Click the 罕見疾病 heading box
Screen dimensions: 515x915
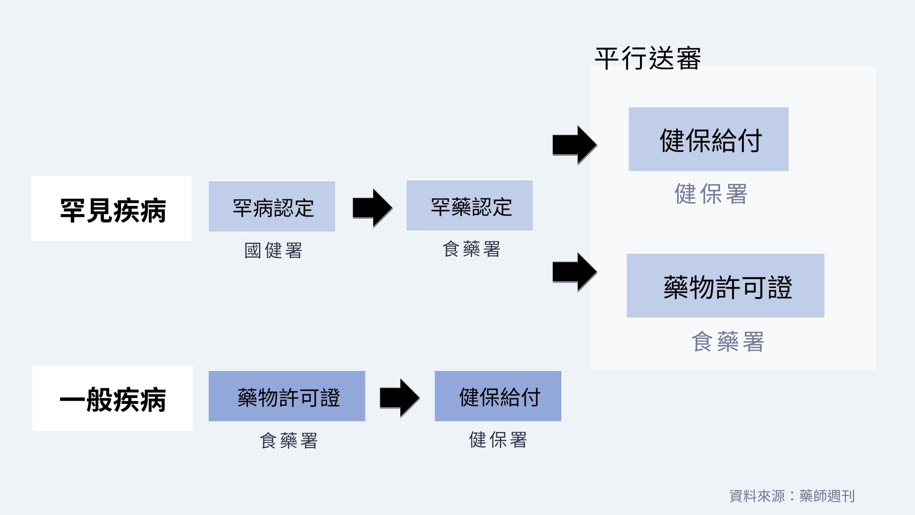(x=111, y=208)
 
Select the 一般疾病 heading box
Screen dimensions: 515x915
(x=112, y=398)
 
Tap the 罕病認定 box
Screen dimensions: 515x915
(x=272, y=206)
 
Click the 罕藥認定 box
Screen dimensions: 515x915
(x=469, y=206)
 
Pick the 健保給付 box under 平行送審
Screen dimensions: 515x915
(x=709, y=139)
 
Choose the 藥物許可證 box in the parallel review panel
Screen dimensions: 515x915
(x=725, y=286)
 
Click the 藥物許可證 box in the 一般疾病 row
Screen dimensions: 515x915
(x=287, y=396)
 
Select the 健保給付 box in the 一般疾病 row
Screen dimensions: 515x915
(x=498, y=396)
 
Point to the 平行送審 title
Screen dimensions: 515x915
(x=648, y=59)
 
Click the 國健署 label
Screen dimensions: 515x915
(x=273, y=250)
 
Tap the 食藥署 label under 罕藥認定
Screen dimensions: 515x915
(x=471, y=249)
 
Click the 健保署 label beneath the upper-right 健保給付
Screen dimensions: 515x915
(x=711, y=194)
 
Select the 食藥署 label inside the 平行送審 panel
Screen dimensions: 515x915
(x=728, y=341)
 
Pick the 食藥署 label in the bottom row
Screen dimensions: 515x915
(x=289, y=441)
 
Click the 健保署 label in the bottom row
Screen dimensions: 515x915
(x=498, y=440)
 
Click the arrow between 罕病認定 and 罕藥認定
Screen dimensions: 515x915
(x=372, y=208)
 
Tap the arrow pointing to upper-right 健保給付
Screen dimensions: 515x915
(x=574, y=144)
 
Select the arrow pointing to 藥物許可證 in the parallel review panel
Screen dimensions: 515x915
(x=574, y=272)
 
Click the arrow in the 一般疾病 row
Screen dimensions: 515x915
(x=399, y=398)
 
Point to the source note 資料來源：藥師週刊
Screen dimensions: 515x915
(x=792, y=496)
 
